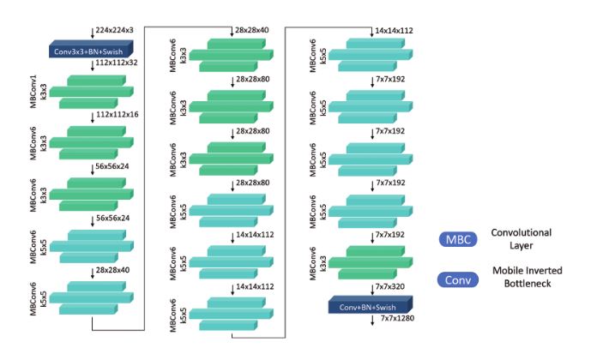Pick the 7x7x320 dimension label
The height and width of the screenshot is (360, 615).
pyautogui.click(x=395, y=288)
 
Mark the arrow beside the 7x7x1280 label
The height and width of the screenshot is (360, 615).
pyautogui.click(x=370, y=321)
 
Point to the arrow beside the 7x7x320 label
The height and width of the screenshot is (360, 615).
pyautogui.click(x=370, y=288)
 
